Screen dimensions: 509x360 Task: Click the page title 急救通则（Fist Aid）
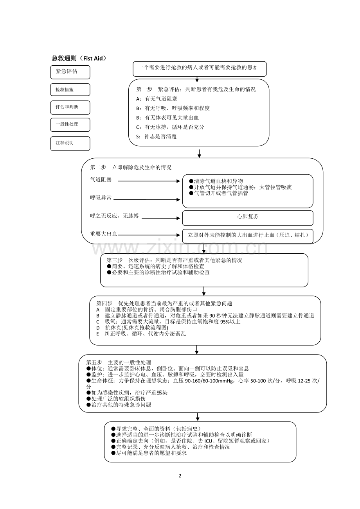79,58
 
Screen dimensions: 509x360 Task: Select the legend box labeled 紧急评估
70,72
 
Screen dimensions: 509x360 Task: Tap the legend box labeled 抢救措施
70,90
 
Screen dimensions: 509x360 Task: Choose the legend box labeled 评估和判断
70,107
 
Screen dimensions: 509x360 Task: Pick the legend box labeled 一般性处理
70,124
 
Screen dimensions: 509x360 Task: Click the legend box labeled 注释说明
70,143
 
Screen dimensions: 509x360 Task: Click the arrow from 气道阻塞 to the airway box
149,181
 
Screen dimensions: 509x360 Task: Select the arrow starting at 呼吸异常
149,199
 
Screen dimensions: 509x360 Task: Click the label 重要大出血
103,234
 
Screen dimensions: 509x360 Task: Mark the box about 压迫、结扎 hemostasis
247,235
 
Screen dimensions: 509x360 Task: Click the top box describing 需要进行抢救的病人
200,68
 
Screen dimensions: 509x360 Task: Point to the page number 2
180,476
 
